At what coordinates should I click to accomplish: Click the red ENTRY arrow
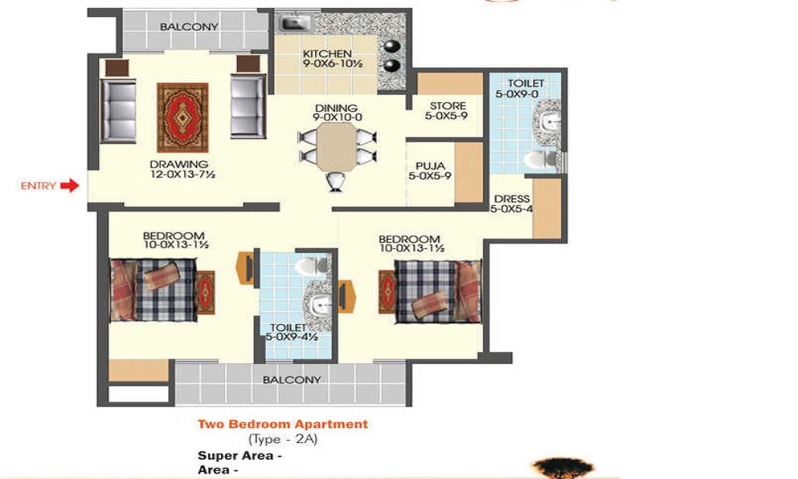[x=70, y=186]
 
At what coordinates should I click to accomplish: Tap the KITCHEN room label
[x=327, y=54]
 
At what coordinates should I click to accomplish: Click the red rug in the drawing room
[x=182, y=117]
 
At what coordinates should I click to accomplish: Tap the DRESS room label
[x=510, y=200]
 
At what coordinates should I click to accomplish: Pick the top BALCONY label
[x=189, y=26]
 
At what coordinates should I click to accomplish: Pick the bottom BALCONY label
[x=292, y=380]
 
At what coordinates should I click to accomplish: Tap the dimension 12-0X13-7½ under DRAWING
[x=184, y=176]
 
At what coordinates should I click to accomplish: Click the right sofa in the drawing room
[x=247, y=107]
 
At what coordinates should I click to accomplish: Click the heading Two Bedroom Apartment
[x=282, y=424]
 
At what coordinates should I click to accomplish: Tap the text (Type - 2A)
[x=282, y=439]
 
